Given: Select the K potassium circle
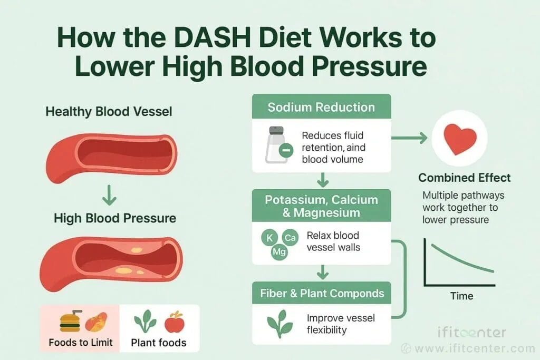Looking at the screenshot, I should coord(269,238).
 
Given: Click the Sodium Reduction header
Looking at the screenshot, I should coord(321,108).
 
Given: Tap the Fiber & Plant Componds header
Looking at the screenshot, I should coord(322,293).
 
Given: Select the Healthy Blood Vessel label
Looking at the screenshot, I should coord(109,112).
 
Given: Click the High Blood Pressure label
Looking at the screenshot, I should coord(115,218).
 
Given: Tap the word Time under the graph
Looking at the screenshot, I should coord(461,296).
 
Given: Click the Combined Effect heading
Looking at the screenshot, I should coord(465,177).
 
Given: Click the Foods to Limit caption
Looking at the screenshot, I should coord(81,342).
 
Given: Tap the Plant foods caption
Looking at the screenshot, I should coord(158,343).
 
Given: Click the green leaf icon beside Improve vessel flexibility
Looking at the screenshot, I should coord(279,324).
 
